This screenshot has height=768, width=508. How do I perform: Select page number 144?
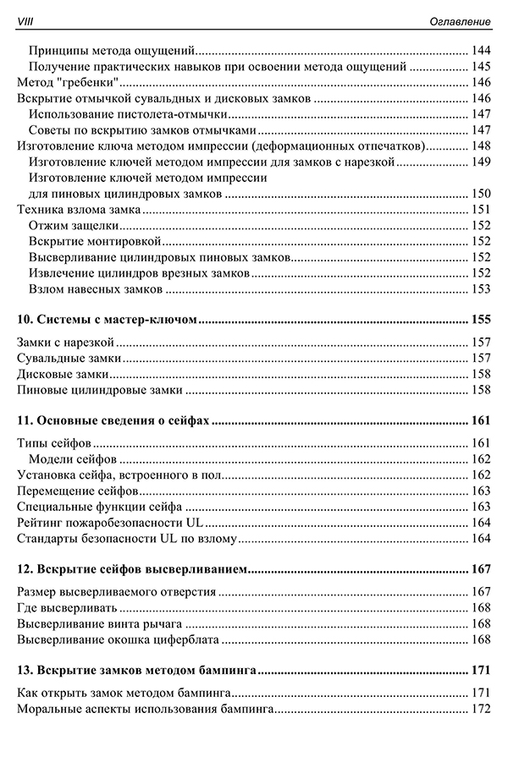pos(480,50)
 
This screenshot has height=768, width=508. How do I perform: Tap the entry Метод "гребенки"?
pos(67,82)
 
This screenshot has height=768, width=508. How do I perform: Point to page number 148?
pos(480,145)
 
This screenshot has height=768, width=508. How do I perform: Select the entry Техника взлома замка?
pos(79,210)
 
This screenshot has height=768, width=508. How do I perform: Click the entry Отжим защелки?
pos(73,226)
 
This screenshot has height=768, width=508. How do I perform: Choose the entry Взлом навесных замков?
pos(95,289)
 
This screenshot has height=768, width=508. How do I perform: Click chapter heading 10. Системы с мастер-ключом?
pos(108,321)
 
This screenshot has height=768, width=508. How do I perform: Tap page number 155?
pos(480,321)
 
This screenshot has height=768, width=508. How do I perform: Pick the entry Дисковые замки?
pos(63,373)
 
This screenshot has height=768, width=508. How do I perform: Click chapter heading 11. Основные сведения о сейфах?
pos(113,420)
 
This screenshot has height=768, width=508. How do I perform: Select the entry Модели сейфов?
pos(72,459)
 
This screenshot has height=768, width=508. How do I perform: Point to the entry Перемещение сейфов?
pos(77,491)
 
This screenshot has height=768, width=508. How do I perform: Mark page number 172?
pos(480,709)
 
